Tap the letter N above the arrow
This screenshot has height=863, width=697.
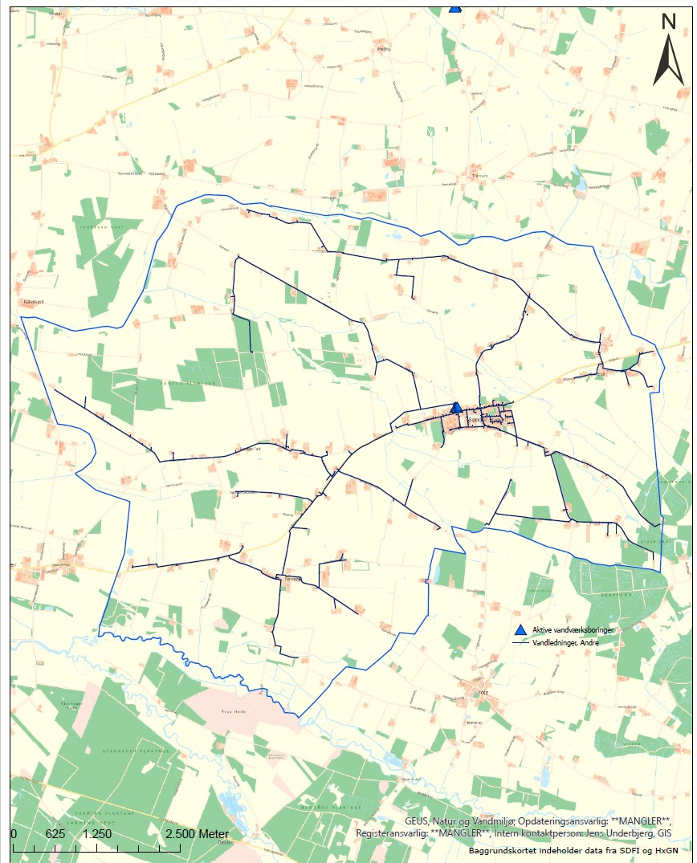click(x=668, y=22)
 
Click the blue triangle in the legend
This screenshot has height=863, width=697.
click(x=520, y=630)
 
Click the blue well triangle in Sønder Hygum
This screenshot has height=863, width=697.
click(x=456, y=408)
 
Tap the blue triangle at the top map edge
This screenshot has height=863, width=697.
click(x=455, y=8)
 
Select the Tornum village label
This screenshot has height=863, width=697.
click(x=481, y=175)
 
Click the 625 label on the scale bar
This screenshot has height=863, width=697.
click(x=55, y=834)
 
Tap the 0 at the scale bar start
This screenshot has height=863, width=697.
click(x=14, y=834)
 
